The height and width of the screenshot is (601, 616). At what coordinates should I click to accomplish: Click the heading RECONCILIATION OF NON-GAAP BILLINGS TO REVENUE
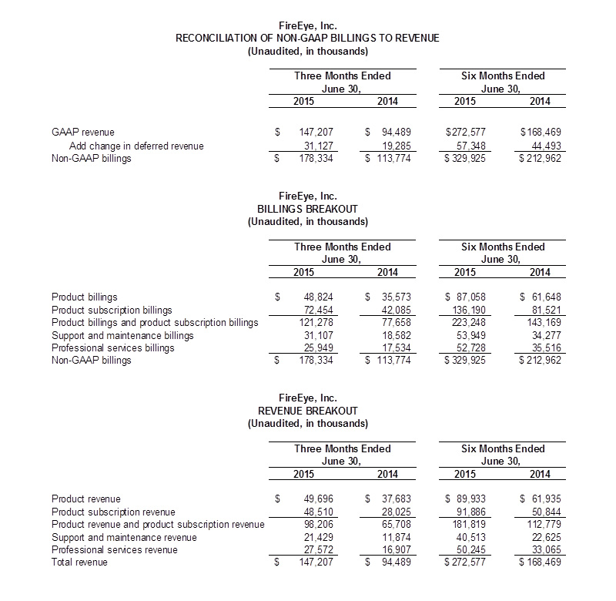pos(308,39)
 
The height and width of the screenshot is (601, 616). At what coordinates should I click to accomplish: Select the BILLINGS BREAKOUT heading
pos(308,210)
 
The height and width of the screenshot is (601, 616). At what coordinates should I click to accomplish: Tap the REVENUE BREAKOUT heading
pos(308,411)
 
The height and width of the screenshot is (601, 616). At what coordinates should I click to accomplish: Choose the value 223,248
pos(465,322)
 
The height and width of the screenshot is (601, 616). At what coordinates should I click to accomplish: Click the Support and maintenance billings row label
pos(122,335)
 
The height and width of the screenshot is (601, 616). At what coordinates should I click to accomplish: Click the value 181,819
pos(465,524)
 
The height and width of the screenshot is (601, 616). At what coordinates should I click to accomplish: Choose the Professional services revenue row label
pos(115,549)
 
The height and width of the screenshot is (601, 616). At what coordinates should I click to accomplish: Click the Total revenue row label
pos(80,562)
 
